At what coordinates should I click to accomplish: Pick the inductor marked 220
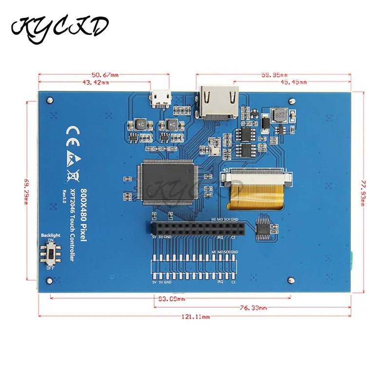point(280,116)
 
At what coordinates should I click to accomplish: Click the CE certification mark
point(72,132)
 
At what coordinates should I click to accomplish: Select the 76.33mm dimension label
point(253,308)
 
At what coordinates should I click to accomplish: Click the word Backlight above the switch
point(51,235)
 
